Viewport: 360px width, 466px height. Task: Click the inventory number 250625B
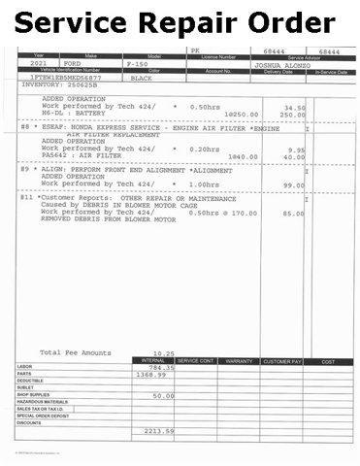coord(78,84)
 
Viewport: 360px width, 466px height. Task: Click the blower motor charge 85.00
coord(281,214)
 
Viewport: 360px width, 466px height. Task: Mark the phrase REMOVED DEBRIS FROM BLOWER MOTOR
coord(108,220)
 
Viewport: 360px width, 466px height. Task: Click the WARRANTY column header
coord(238,360)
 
